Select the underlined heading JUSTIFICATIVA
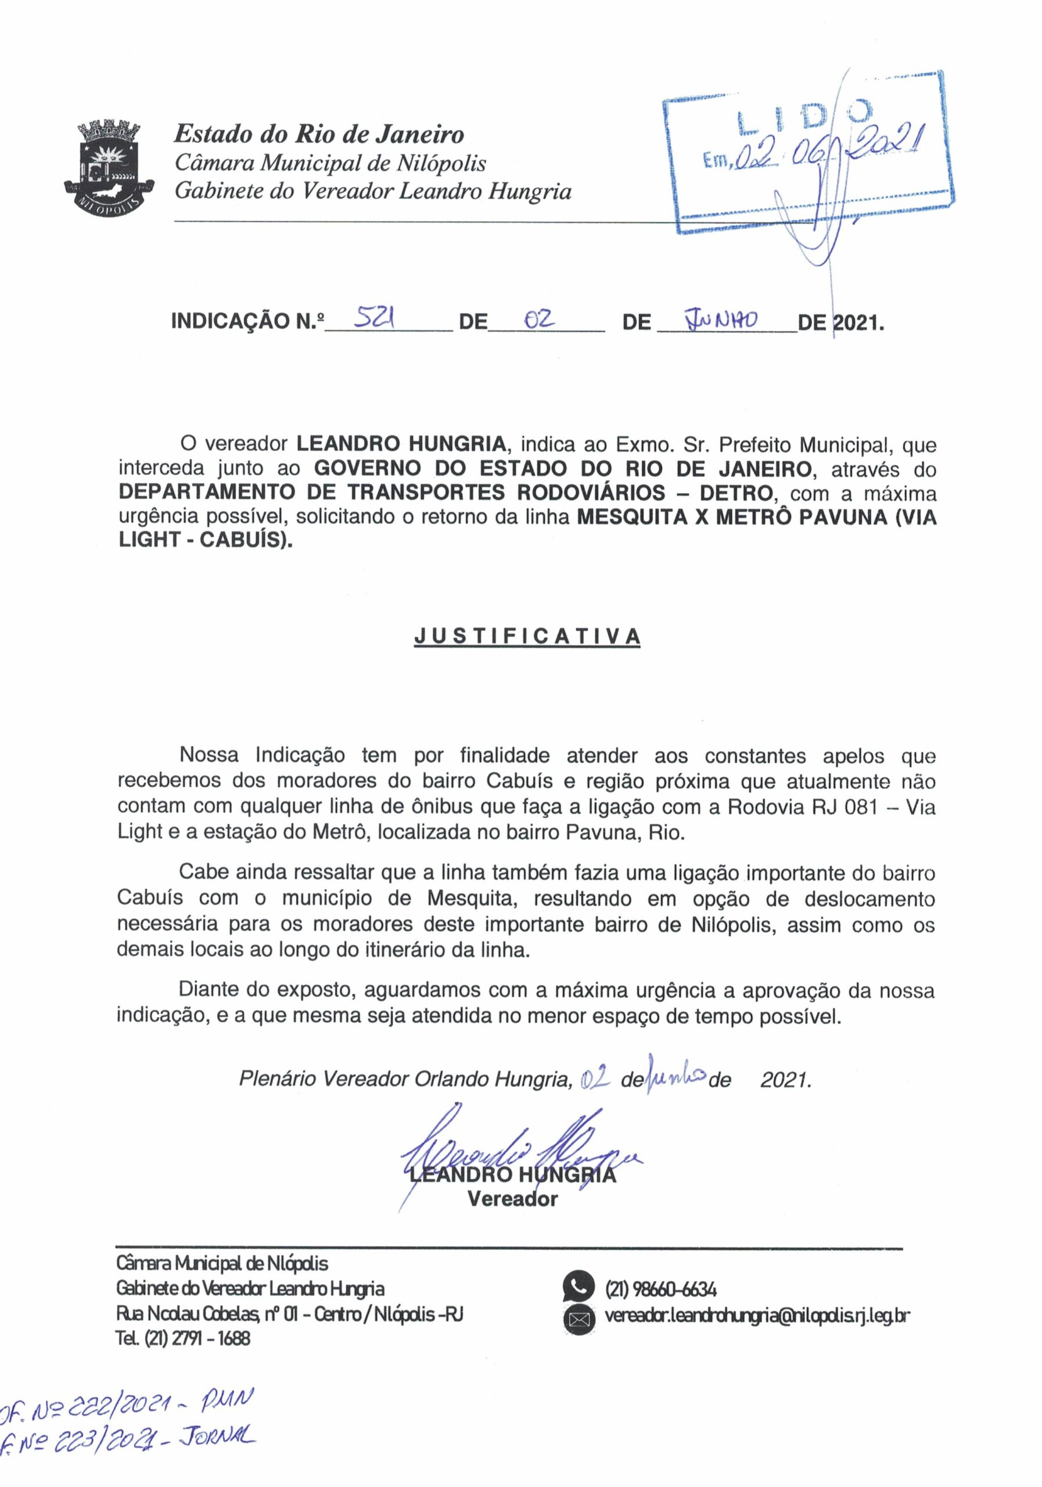pyautogui.click(x=527, y=636)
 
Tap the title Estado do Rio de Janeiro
pyautogui.click(x=319, y=134)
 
